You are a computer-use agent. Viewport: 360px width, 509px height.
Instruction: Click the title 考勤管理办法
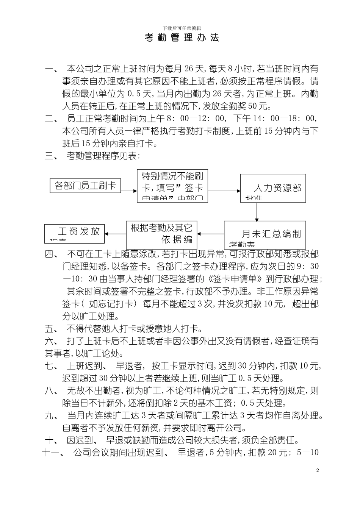[x=182, y=38]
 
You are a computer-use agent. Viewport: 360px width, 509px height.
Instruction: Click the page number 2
[x=318, y=471]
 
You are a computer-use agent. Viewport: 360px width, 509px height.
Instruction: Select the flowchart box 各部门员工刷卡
[x=85, y=186]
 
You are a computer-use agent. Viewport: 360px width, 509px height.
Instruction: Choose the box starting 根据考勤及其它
[x=161, y=233]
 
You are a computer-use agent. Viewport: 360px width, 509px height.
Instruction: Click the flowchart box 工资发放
[x=74, y=232]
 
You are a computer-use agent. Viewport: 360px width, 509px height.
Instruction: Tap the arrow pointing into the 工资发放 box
[x=115, y=233]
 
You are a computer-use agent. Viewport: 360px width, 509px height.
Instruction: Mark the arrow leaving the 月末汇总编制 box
[x=210, y=233]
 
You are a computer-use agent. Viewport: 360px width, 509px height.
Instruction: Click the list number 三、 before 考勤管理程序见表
[x=51, y=156]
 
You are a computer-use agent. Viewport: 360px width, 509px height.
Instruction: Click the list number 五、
[x=51, y=328]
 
